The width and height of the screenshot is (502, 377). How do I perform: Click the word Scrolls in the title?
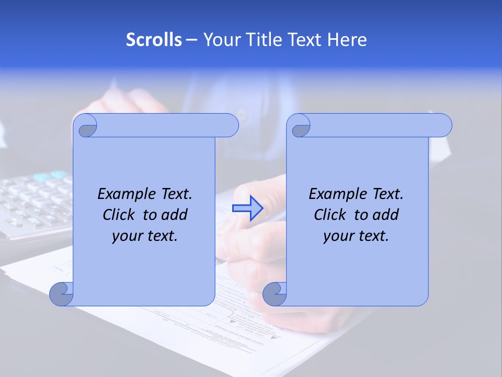[154, 40]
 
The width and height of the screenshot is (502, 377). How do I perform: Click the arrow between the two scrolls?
[247, 208]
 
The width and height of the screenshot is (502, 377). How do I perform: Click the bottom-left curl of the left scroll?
[62, 294]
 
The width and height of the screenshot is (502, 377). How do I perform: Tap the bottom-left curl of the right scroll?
[275, 294]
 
